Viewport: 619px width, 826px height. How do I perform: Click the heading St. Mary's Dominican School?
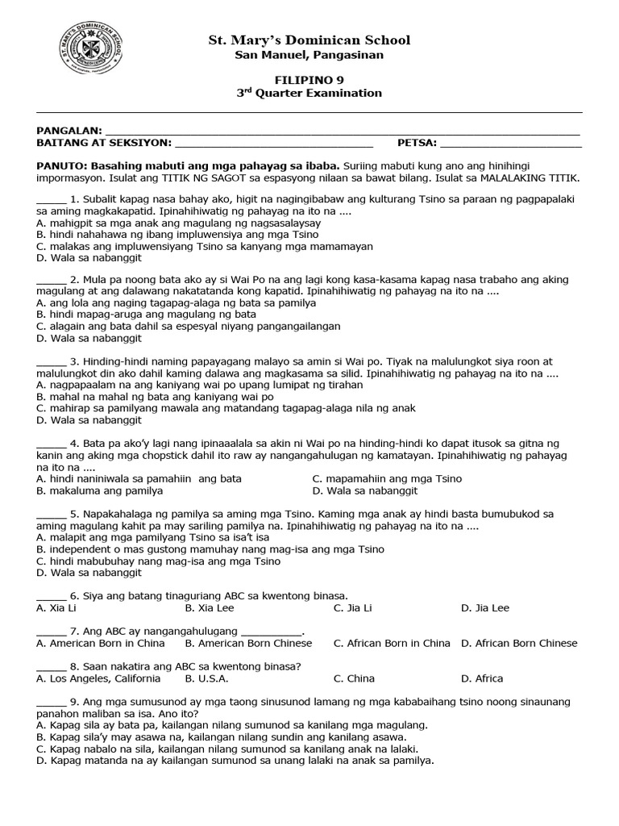[309, 40]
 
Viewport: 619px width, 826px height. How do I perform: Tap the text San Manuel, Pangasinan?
[309, 55]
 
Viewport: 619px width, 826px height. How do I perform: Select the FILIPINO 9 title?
[309, 79]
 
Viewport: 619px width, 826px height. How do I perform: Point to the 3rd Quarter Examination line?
[309, 93]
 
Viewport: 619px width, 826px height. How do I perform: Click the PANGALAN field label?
[69, 131]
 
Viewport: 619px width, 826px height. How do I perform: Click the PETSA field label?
[417, 143]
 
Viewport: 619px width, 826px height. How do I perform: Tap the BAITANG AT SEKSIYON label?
[104, 143]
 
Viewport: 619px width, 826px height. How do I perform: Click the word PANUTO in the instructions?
[61, 165]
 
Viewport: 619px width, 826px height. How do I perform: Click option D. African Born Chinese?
[519, 643]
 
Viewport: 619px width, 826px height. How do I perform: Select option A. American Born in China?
[101, 643]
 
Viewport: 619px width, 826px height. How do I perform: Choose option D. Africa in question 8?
[482, 678]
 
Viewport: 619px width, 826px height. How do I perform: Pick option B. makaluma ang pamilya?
[100, 490]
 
